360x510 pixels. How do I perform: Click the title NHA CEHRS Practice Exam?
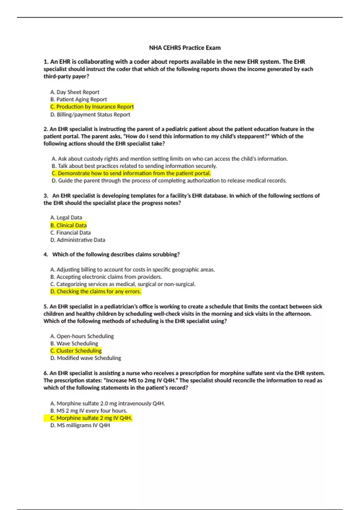tap(185, 48)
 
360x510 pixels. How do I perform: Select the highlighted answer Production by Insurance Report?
tap(92, 107)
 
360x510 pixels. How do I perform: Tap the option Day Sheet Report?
tap(75, 92)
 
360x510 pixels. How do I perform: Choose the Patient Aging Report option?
tap(79, 99)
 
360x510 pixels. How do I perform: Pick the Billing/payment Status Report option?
tap(90, 114)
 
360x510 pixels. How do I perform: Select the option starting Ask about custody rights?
tap(169, 159)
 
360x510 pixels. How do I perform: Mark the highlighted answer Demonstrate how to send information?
tap(131, 173)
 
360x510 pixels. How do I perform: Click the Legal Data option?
tap(66, 217)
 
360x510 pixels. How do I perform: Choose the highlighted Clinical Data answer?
tap(68, 225)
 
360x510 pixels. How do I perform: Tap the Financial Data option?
tap(70, 232)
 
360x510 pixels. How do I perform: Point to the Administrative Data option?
tap(78, 240)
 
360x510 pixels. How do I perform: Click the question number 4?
tap(46, 254)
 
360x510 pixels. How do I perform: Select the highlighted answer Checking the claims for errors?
tap(95, 291)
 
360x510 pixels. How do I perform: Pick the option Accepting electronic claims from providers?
tap(106, 277)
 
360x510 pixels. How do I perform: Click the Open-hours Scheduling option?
tap(82, 336)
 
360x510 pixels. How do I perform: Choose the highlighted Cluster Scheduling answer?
tap(76, 351)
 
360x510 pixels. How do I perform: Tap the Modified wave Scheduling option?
tap(86, 358)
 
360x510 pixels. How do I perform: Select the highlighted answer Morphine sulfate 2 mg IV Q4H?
tap(91, 418)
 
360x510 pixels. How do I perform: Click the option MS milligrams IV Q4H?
tap(80, 425)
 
